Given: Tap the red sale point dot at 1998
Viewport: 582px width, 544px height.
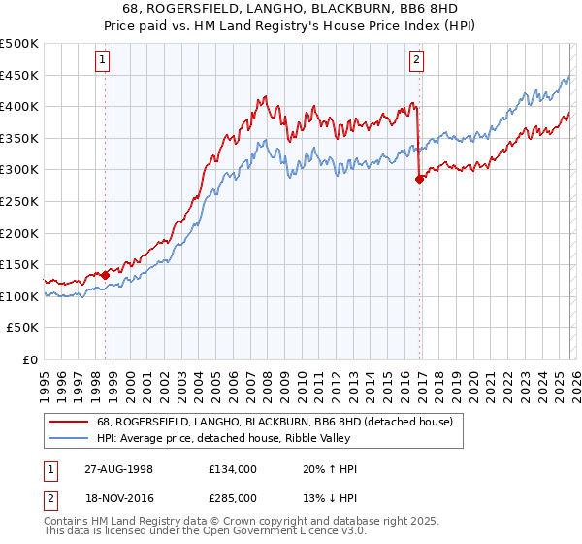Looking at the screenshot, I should tap(105, 275).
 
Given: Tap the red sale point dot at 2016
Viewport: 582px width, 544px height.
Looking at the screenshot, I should tap(419, 179).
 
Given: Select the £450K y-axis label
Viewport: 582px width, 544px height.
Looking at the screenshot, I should tap(20, 75).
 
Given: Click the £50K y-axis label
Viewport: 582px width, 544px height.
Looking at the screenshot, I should tap(23, 328).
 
